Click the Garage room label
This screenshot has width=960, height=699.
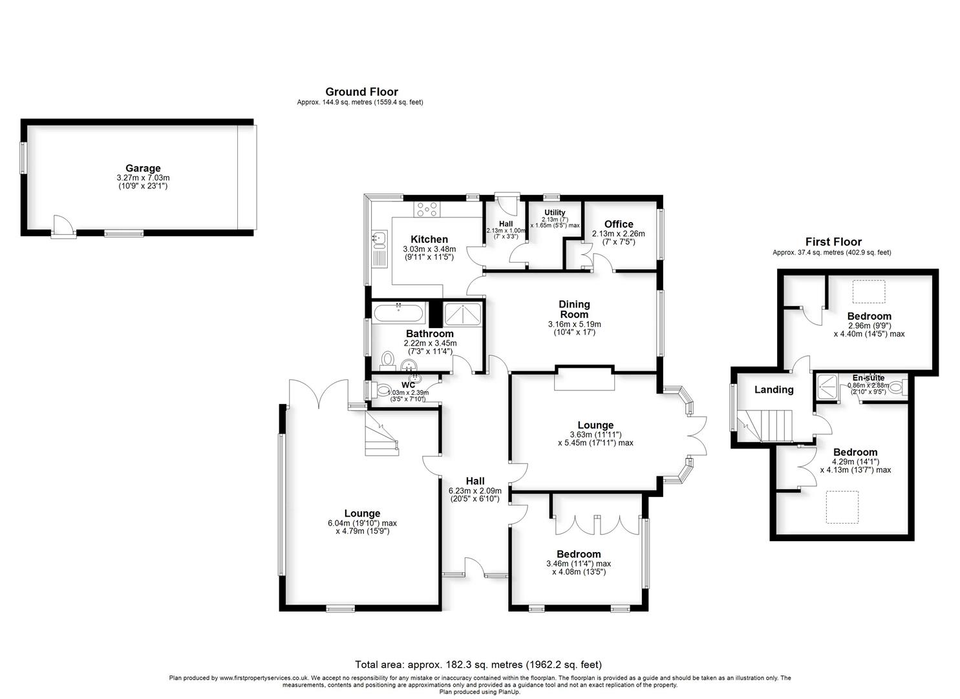(143, 168)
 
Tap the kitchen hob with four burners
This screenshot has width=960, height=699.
(427, 208)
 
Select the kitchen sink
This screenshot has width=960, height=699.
(378, 240)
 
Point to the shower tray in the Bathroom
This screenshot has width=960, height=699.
(463, 315)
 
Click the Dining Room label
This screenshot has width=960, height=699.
(574, 309)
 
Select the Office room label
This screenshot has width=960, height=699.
(618, 224)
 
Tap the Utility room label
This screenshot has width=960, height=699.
(555, 212)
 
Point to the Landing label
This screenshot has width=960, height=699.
(774, 390)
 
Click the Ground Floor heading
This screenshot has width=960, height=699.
(361, 92)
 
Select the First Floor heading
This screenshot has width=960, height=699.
(833, 242)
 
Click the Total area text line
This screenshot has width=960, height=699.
(478, 664)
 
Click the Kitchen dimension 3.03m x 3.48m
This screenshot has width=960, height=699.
(429, 249)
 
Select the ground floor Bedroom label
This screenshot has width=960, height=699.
(579, 554)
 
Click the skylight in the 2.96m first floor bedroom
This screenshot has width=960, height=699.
(869, 291)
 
